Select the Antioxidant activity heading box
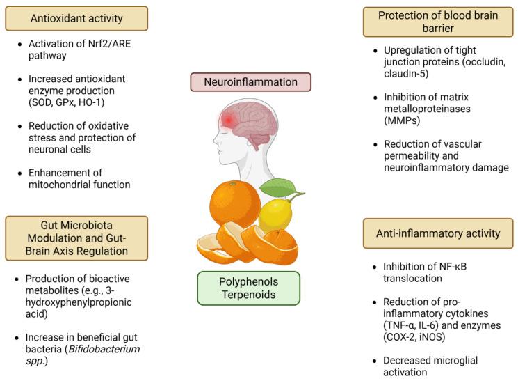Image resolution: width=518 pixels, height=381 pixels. click(x=76, y=18)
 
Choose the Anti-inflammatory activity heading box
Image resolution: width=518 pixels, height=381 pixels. click(x=438, y=233)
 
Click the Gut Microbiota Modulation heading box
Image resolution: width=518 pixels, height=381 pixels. click(x=76, y=238)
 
